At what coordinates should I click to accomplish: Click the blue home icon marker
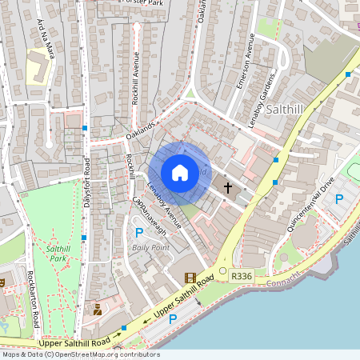click(x=180, y=173)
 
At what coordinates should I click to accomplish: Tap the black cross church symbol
click(x=228, y=188)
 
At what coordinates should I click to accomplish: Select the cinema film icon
click(x=190, y=278)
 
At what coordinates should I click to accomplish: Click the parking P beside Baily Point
click(x=138, y=233)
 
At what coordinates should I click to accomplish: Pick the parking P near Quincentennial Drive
click(x=338, y=199)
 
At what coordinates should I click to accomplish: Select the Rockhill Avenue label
click(x=136, y=78)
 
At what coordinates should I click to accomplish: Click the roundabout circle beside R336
click(x=223, y=271)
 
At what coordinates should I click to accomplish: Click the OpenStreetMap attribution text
click(x=80, y=354)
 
